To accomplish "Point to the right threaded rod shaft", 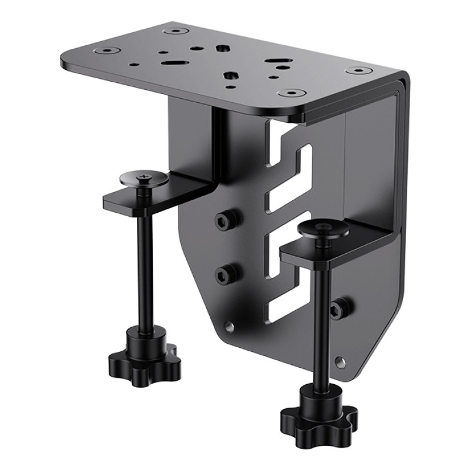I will tap(318, 317).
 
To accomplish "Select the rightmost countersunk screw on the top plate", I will tap(356, 71).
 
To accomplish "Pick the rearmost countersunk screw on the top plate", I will tap(176, 29).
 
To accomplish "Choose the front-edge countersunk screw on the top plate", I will tap(290, 93).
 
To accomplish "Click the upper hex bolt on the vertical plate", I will tap(223, 220).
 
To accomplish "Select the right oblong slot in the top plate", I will tap(274, 61).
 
